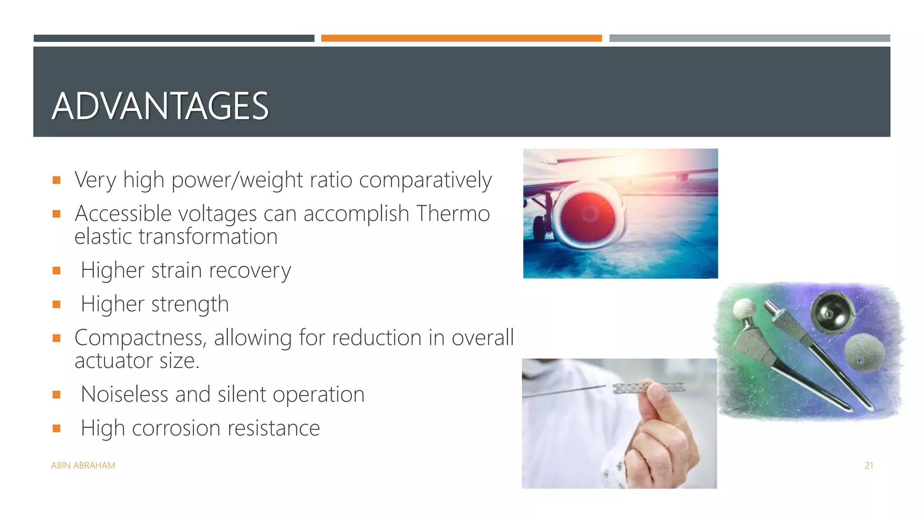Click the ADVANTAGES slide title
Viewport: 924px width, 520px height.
click(x=160, y=106)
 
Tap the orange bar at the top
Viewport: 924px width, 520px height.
click(x=461, y=38)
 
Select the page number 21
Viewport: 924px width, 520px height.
click(x=869, y=465)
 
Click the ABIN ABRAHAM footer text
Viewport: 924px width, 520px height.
click(x=83, y=465)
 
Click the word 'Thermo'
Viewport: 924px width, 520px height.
click(x=453, y=214)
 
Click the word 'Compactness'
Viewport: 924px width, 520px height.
click(x=140, y=338)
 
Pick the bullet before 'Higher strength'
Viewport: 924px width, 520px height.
click(x=56, y=304)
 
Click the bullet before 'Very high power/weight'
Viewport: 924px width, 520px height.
click(x=56, y=180)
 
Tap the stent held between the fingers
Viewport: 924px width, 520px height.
click(x=649, y=387)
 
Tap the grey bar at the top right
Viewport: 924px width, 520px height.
click(x=749, y=38)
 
